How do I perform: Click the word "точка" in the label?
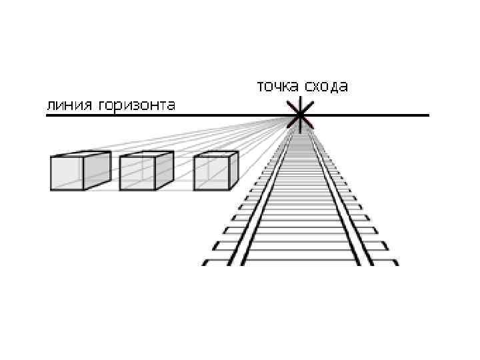[x=277, y=87]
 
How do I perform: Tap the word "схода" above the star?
[x=326, y=87]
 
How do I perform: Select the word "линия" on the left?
[x=69, y=105]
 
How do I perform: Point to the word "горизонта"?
[x=137, y=105]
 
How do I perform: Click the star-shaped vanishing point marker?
[x=300, y=115]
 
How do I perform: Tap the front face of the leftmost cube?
[x=67, y=173]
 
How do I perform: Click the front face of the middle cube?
[x=137, y=173]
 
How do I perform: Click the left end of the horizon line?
[x=47, y=115]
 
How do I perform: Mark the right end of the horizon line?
[x=427, y=115]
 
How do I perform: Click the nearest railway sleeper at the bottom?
[x=300, y=262]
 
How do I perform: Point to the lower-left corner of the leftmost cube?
[x=51, y=189]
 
